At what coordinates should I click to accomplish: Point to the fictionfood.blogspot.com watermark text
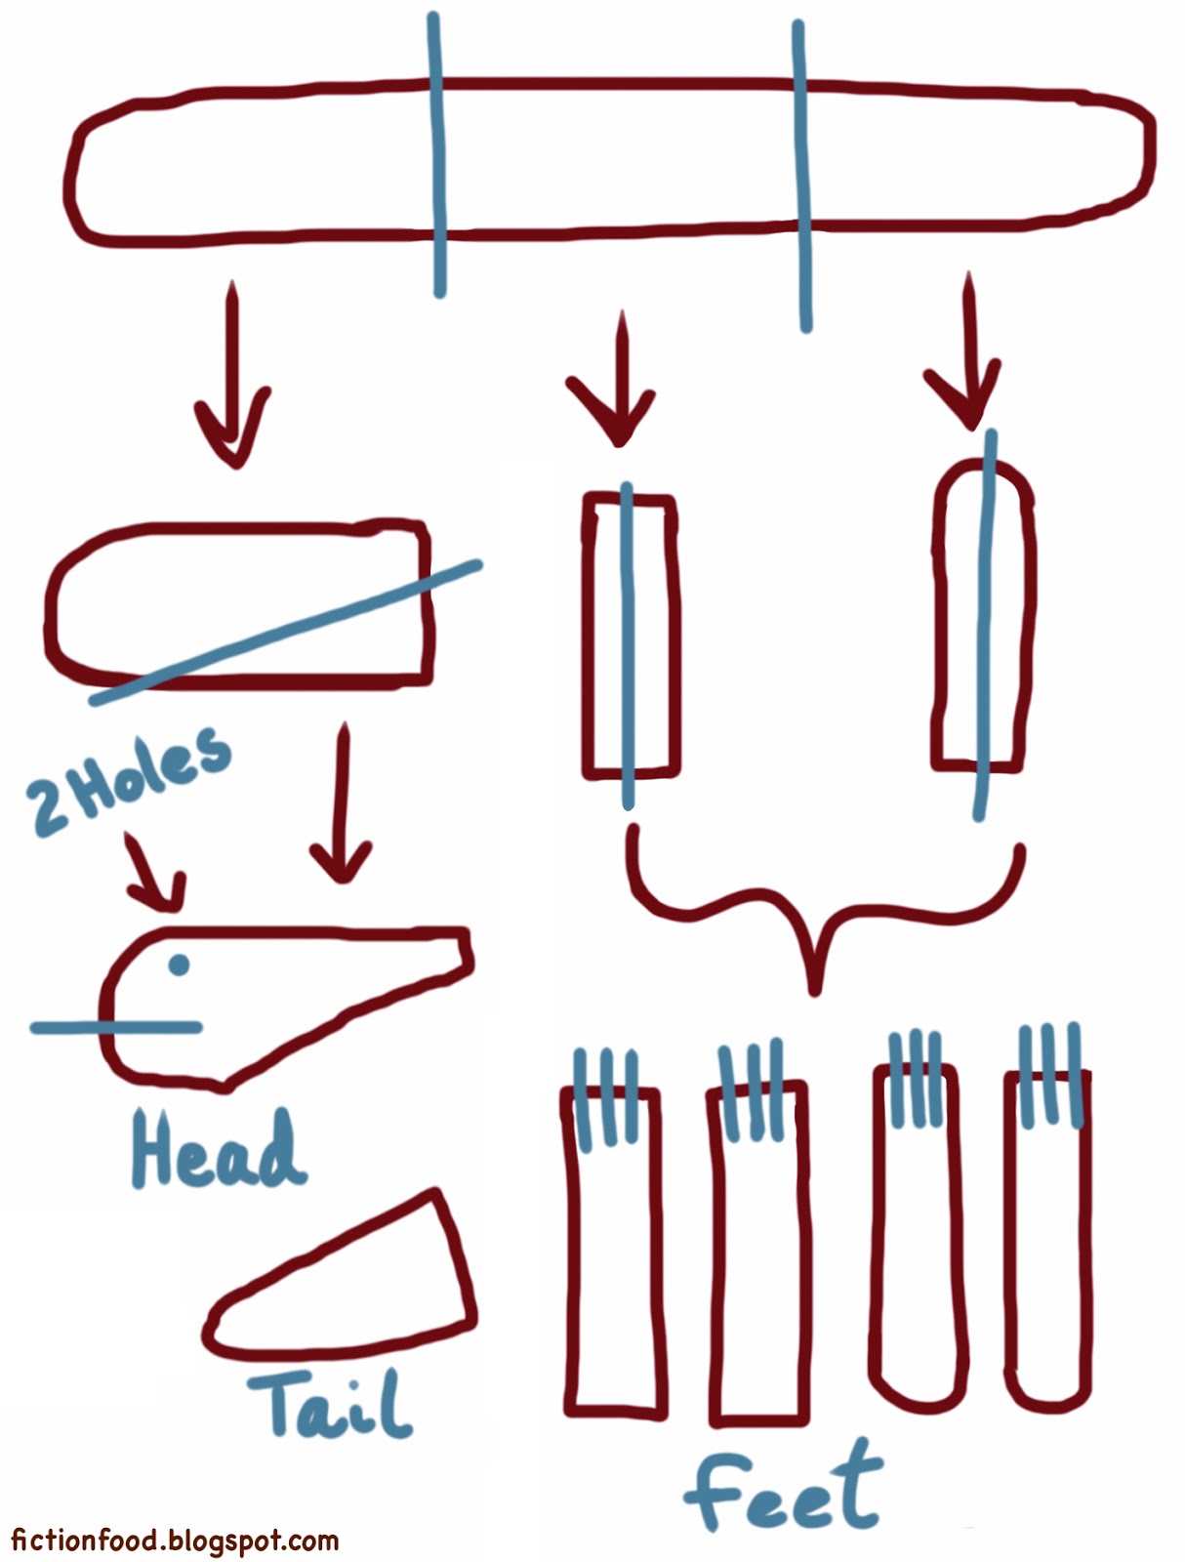click(x=175, y=1541)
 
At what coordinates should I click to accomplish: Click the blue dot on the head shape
click(x=179, y=965)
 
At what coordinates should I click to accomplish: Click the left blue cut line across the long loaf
click(x=437, y=154)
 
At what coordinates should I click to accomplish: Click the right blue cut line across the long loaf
click(x=802, y=176)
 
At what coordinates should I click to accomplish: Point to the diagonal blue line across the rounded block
click(x=284, y=633)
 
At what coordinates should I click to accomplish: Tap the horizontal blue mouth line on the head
click(x=117, y=1027)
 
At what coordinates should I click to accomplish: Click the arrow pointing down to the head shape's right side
click(x=343, y=804)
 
